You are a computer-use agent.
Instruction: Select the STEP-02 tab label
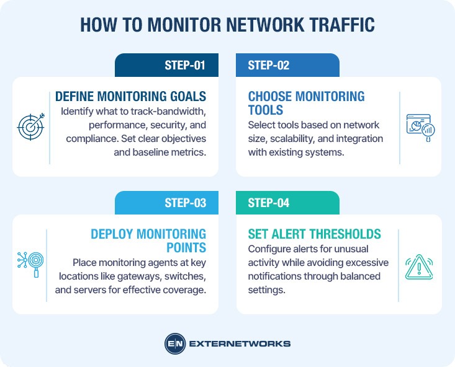(268, 65)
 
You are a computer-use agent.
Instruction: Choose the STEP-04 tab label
(268, 203)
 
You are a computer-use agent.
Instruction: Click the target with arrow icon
(30, 127)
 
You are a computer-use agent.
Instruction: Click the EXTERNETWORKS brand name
(239, 343)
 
